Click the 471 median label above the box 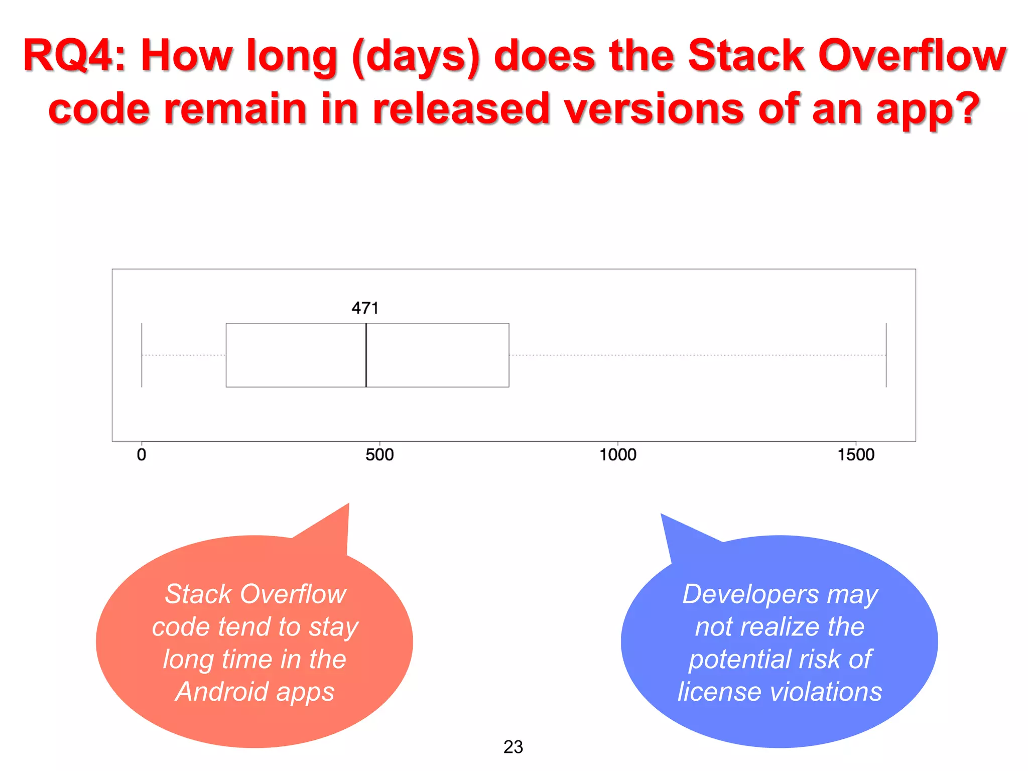click(x=365, y=308)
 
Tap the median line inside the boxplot click(x=366, y=355)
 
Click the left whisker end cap click(x=142, y=355)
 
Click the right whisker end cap click(x=886, y=355)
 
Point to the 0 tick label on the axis click(x=142, y=455)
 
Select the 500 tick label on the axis click(x=379, y=455)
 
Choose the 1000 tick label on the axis click(x=618, y=455)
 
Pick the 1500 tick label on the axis click(x=856, y=455)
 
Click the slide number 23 click(x=513, y=747)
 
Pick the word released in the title click(x=461, y=108)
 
